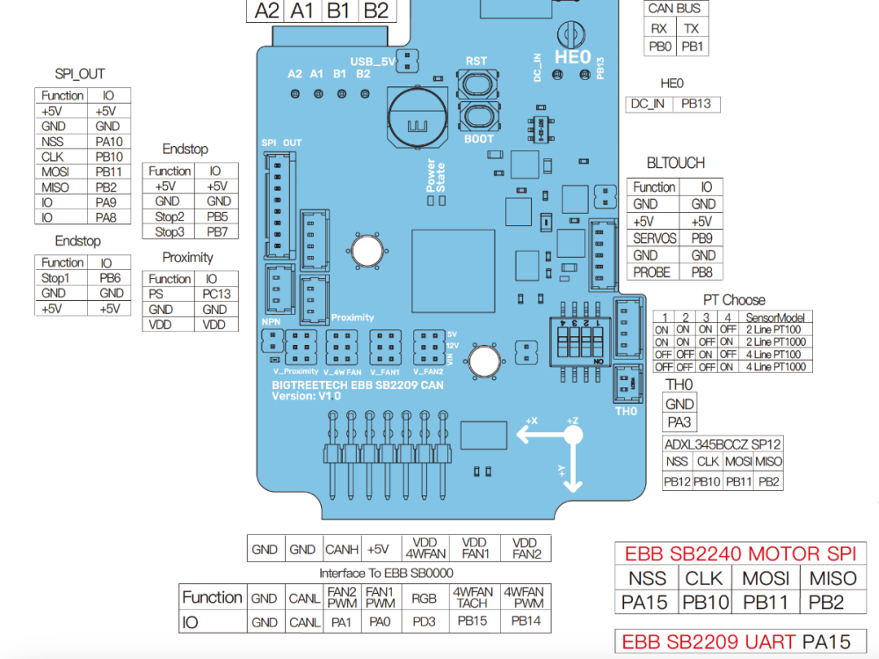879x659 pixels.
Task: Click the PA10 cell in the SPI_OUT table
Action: click(109, 142)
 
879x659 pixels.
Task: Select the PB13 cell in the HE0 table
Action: click(695, 104)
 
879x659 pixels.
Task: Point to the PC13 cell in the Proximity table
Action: click(216, 294)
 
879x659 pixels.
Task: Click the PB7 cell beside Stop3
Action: click(217, 231)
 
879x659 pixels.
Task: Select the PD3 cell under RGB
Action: click(424, 622)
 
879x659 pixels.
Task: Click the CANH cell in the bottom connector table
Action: click(341, 549)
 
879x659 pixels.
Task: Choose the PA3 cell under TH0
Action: click(679, 422)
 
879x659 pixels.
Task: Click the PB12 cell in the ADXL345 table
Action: click(677, 481)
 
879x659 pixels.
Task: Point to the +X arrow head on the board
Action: click(523, 434)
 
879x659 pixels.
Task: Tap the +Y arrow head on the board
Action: click(572, 485)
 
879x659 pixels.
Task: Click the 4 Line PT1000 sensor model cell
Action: click(775, 367)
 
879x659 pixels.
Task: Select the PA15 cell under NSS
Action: click(644, 603)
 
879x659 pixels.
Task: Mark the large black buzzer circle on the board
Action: click(418, 119)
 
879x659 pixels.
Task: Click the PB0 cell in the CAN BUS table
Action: click(660, 47)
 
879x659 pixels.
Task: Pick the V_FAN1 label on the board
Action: click(385, 371)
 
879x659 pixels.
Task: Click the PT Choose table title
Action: click(734, 300)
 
